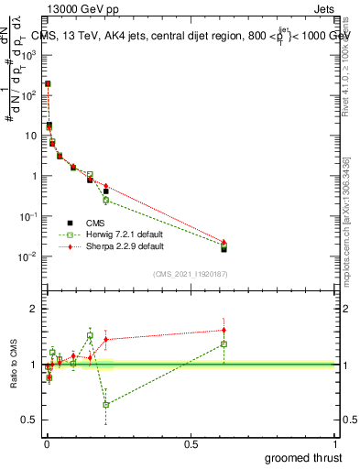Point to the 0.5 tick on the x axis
point(191,442)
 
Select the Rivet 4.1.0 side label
point(350,60)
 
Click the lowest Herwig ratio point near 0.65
point(106,404)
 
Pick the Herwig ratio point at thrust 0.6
point(224,344)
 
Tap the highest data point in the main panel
point(48,83)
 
